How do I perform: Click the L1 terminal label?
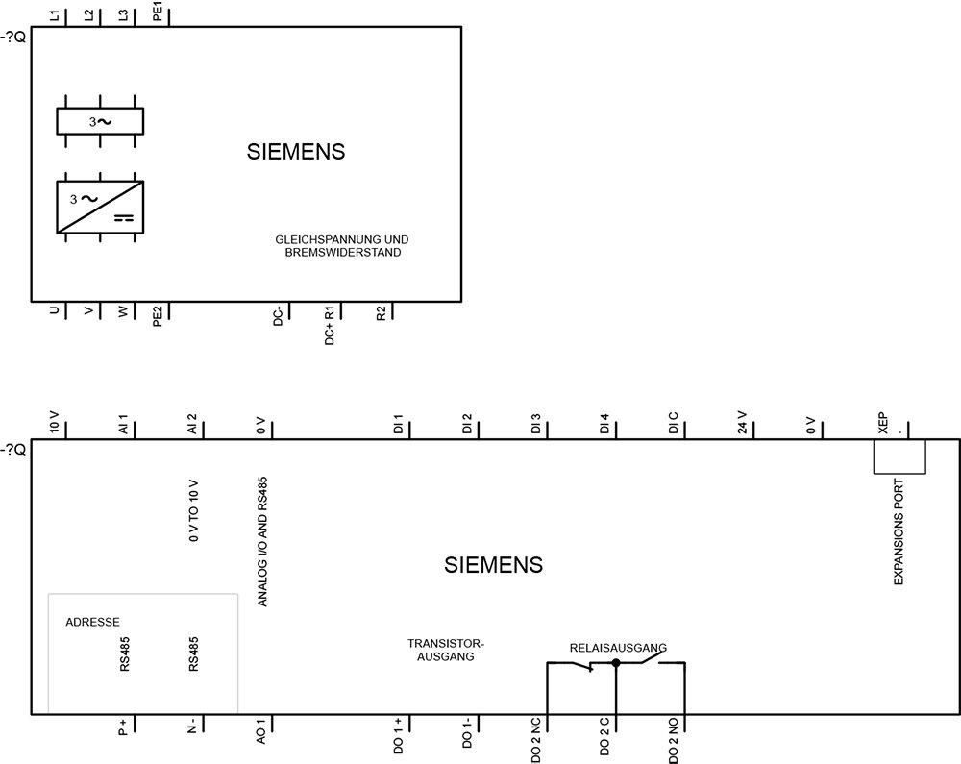pos(55,16)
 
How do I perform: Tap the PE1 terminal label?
pos(158,14)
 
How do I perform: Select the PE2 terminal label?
pos(158,315)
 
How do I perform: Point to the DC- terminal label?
pos(278,315)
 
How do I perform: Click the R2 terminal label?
pos(382,313)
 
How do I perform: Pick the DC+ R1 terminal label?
pos(329,326)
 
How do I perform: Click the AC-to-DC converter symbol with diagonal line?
pos(100,207)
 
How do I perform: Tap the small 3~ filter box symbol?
pos(100,121)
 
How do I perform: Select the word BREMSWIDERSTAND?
pos(343,253)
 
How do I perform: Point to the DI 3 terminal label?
pos(535,425)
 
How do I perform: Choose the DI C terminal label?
pos(673,424)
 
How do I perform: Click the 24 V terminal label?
pos(742,423)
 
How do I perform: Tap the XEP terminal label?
pos(882,423)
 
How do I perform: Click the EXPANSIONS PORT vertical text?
pos(899,531)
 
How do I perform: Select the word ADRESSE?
pos(92,623)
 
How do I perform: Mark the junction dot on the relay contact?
pos(616,663)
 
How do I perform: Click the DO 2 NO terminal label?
pos(673,741)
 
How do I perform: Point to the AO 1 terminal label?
pos(261,731)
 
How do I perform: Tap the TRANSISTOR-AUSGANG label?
pos(446,650)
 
